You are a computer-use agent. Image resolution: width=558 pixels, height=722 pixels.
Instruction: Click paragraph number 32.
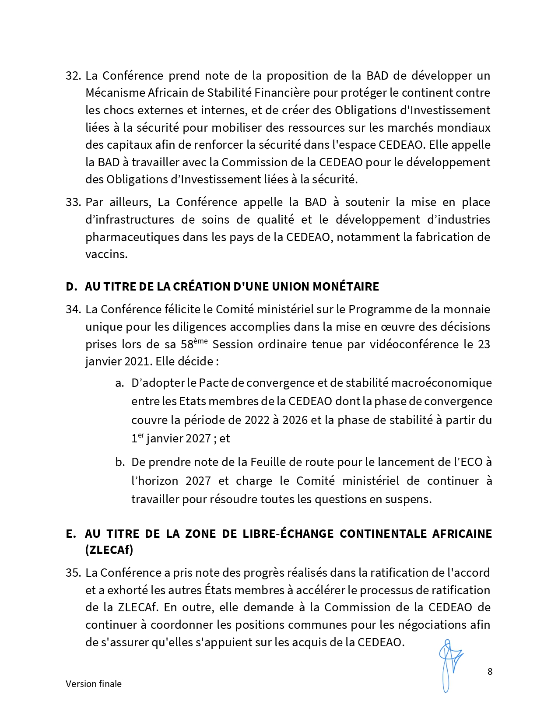click(x=73, y=76)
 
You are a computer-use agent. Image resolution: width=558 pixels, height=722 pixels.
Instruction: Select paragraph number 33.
click(x=73, y=202)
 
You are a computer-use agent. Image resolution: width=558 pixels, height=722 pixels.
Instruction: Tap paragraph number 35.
click(x=73, y=573)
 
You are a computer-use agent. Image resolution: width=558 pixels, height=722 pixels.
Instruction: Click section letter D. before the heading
click(x=71, y=287)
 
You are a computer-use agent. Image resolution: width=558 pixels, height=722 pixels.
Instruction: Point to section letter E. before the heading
click(x=70, y=534)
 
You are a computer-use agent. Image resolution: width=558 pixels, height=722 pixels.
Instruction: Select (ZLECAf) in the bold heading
click(x=109, y=550)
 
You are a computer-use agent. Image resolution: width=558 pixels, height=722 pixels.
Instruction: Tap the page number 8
click(x=490, y=672)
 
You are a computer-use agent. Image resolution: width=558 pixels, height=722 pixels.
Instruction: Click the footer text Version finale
click(x=94, y=684)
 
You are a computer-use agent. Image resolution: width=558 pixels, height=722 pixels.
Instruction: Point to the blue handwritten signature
click(x=449, y=665)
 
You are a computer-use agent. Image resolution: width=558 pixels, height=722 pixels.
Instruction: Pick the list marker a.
click(x=119, y=383)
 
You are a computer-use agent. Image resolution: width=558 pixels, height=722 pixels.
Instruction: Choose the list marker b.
click(x=120, y=462)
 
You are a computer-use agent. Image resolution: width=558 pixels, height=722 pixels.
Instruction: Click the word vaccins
click(x=106, y=254)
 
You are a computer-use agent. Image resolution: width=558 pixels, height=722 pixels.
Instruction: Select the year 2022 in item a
click(x=257, y=420)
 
